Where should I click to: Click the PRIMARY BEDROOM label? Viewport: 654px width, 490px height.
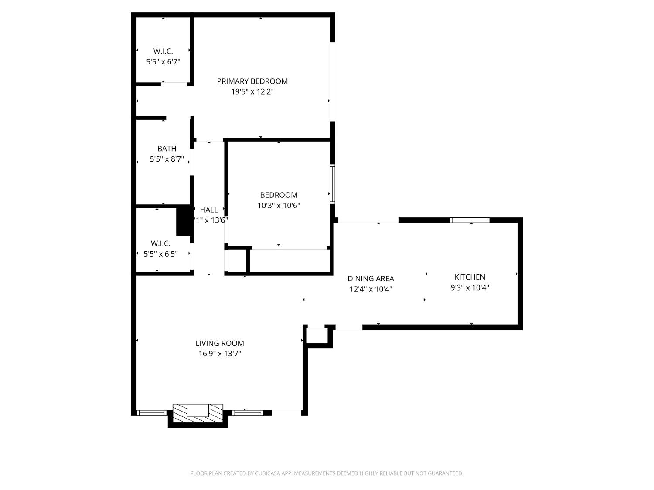(x=252, y=81)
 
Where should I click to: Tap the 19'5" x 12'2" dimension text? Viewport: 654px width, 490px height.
(x=252, y=92)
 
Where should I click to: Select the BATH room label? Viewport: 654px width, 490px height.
(x=167, y=149)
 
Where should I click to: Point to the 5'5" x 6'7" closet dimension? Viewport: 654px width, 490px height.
(x=163, y=62)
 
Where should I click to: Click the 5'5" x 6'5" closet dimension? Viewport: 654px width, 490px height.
(x=161, y=254)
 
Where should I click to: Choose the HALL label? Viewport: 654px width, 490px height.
(x=209, y=210)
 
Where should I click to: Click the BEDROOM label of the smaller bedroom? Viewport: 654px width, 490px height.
(x=279, y=195)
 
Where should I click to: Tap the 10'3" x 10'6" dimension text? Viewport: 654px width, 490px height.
(x=279, y=206)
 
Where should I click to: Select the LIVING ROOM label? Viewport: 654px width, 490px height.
(x=220, y=343)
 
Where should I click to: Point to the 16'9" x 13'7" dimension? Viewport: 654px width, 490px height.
(x=220, y=354)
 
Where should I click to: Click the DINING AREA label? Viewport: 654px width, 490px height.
(x=371, y=279)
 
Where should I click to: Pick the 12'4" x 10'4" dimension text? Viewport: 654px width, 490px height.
(x=371, y=289)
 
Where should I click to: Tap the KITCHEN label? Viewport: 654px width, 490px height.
(x=470, y=277)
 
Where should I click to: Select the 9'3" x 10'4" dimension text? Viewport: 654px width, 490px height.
(x=470, y=287)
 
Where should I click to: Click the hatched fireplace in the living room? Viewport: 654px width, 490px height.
(x=198, y=413)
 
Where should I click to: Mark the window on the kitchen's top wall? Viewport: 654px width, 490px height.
(x=470, y=220)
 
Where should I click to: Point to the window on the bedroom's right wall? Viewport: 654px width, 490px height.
(x=332, y=184)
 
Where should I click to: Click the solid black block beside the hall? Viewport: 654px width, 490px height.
(x=184, y=221)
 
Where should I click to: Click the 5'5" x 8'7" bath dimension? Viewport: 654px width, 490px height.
(x=167, y=159)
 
